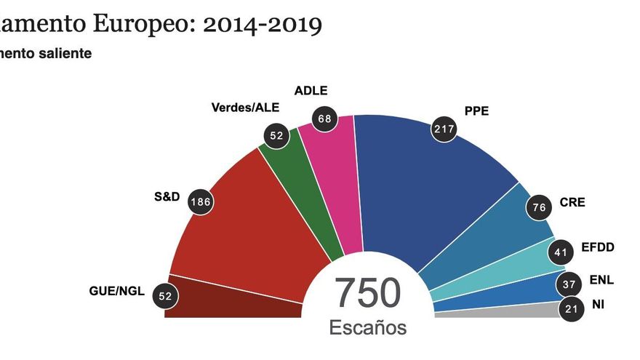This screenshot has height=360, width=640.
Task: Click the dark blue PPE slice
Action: [x=422, y=189]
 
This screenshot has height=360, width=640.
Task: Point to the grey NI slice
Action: [x=495, y=313]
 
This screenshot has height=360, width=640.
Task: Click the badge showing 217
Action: [x=443, y=129]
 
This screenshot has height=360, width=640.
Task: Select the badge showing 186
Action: [x=201, y=201]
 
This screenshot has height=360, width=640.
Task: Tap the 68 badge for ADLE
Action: [x=325, y=118]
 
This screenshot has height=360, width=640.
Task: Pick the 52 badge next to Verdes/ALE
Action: [x=275, y=135]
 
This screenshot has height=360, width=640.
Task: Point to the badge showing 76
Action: [x=539, y=209]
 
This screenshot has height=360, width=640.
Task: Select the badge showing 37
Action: [x=568, y=284]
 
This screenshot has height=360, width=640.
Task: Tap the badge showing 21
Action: [x=571, y=309]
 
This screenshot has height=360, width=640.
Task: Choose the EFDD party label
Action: [x=599, y=247]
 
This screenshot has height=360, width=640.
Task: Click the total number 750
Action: [x=367, y=293]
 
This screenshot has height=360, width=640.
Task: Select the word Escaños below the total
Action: [x=368, y=327]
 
